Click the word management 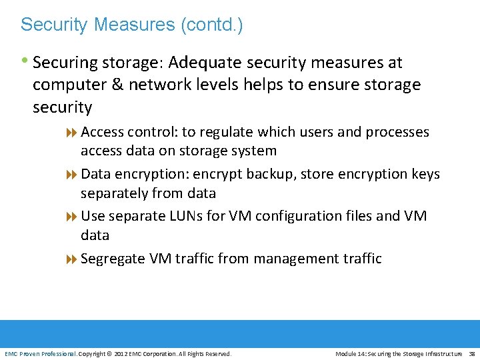point(294,258)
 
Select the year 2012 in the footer point(121,353)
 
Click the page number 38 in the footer point(471,353)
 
